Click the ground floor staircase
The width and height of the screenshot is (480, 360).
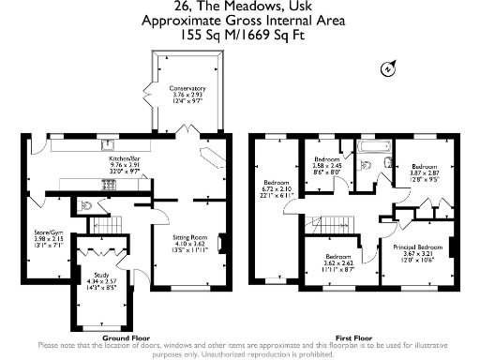click(112, 225)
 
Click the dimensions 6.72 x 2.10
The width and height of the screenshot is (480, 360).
click(277, 188)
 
